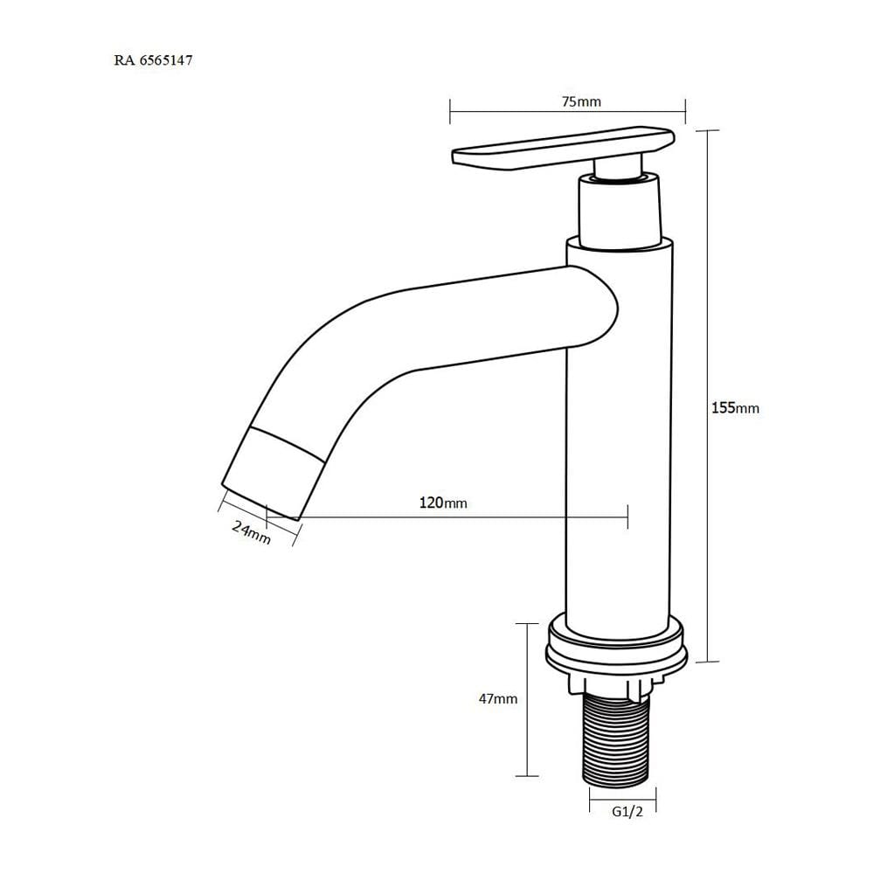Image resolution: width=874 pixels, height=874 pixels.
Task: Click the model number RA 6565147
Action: point(153,60)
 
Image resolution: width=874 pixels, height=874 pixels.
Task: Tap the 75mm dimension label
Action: point(581,101)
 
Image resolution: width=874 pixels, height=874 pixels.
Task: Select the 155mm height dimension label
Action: point(735,407)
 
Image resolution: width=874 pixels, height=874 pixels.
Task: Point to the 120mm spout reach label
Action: point(443,503)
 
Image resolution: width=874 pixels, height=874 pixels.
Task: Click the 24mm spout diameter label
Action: point(252,532)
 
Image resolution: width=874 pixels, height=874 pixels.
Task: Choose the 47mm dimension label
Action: point(498,698)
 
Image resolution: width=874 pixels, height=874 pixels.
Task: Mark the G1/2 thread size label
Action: point(628,812)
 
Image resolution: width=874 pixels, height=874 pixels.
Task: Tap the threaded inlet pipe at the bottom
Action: point(616,740)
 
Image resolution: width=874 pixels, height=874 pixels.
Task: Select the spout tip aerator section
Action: point(273,474)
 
